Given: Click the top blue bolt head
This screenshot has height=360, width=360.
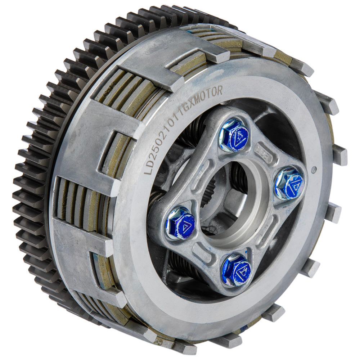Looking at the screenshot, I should click(234, 135).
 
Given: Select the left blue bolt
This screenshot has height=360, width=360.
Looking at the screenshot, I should click(181, 224).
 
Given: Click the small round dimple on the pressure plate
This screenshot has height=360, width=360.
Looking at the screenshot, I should click(314, 168).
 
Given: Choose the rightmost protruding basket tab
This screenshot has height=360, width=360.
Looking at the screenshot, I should click(339, 155).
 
